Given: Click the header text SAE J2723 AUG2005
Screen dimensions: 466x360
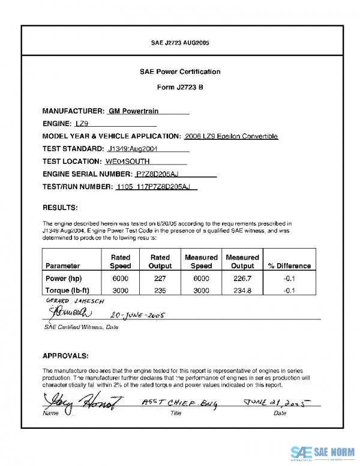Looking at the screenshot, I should pos(180,43).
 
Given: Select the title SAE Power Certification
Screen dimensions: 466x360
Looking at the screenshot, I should pos(180,71).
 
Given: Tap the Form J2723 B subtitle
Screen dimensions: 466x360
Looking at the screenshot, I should pos(180,87).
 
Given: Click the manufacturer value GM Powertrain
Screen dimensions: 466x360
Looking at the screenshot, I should pos(133,111).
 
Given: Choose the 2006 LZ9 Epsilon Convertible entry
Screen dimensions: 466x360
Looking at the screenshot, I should pos(232,136).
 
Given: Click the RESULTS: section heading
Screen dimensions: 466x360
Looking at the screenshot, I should pos(60,208).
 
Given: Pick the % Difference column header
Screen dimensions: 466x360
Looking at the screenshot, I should pos(289,265).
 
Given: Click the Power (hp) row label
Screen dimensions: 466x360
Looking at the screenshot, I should pos(64,279).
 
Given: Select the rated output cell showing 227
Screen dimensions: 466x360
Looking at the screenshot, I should pos(160,279).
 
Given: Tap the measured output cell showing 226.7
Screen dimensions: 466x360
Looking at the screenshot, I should pos(242,279).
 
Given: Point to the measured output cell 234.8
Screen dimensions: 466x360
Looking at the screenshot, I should pos(242,290).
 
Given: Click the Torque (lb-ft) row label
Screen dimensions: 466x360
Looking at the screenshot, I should pos(68,290).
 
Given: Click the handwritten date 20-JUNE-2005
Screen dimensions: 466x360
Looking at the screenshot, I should pos(137,314).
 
